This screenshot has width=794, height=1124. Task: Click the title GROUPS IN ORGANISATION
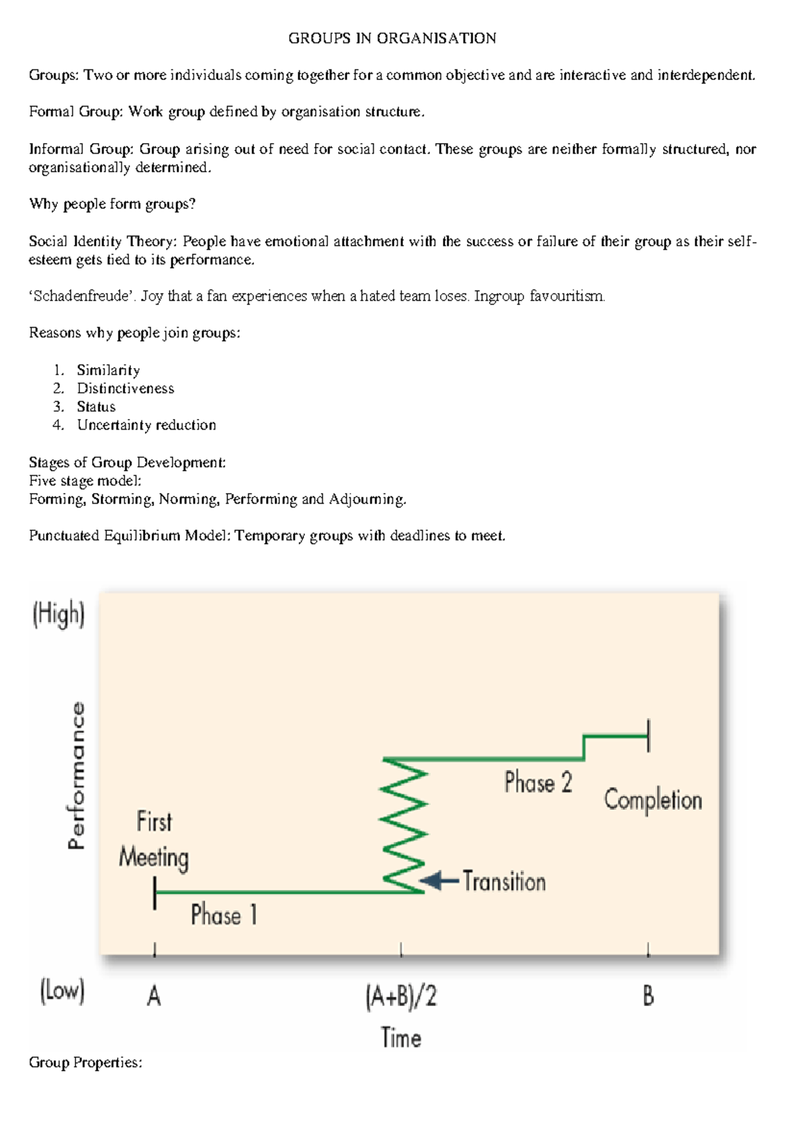(392, 38)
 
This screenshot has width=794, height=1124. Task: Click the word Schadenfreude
(81, 296)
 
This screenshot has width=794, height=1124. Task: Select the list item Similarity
(108, 370)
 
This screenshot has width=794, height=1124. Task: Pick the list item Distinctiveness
(125, 389)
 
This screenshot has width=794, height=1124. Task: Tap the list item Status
(96, 406)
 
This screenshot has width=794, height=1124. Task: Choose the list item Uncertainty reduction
(146, 425)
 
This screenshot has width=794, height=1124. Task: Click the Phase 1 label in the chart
(224, 915)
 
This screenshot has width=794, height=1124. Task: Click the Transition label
(504, 882)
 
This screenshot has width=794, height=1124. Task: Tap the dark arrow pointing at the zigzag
(439, 881)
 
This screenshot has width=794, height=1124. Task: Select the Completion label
(652, 800)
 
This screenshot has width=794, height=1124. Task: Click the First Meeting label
(154, 839)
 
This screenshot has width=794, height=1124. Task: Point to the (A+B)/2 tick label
(401, 996)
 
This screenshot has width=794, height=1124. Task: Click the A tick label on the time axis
(154, 996)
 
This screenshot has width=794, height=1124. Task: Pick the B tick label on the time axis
(648, 996)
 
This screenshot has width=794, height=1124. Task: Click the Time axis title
(401, 1037)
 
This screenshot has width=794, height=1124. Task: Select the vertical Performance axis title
(77, 775)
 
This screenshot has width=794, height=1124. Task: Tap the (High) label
(59, 614)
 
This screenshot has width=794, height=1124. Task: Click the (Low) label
(62, 992)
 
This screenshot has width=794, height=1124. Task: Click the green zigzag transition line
(403, 824)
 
